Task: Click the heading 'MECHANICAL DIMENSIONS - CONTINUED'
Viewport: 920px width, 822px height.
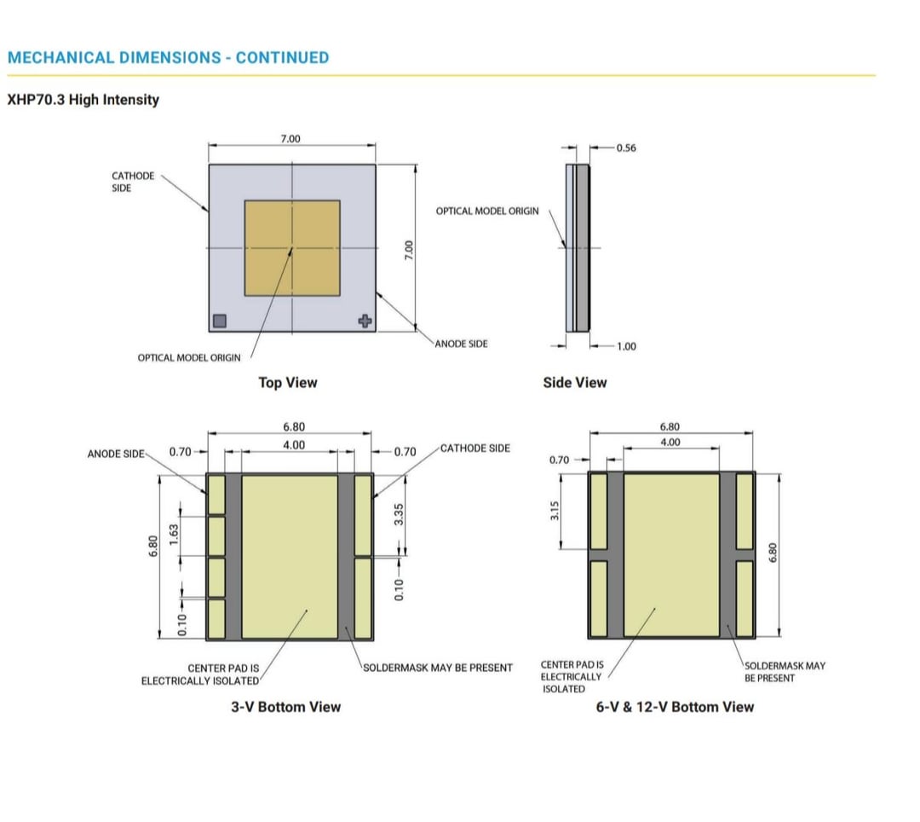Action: pos(169,57)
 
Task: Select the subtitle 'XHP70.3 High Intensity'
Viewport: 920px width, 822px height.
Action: pos(83,100)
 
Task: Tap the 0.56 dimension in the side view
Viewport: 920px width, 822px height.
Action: pos(626,148)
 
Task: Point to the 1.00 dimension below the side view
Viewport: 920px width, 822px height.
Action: pos(626,346)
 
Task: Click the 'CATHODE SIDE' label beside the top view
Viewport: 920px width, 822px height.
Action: pos(133,182)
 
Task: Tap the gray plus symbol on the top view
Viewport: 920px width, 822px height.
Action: pos(365,321)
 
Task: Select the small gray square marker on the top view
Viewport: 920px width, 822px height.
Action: pos(220,321)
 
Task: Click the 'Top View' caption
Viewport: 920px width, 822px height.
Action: pos(288,383)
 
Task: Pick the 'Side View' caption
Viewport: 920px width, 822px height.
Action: pos(575,383)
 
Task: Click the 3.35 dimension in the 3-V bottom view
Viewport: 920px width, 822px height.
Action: pos(399,514)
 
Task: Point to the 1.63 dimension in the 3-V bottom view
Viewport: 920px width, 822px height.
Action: pos(174,535)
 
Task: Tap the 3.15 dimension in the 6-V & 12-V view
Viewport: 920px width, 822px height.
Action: pos(555,511)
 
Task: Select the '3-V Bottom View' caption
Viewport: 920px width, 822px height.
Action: pos(285,707)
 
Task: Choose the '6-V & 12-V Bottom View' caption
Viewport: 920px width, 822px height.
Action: pos(675,707)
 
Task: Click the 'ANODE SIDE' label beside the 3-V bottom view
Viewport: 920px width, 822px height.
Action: pos(116,454)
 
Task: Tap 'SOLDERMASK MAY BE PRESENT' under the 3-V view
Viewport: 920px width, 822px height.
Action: pos(438,669)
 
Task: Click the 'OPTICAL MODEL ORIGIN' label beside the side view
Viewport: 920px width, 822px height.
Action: pos(487,211)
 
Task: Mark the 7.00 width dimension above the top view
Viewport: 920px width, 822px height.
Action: pos(290,139)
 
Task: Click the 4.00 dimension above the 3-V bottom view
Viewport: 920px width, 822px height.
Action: pos(294,445)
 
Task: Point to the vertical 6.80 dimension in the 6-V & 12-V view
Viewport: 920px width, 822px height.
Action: pos(773,553)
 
